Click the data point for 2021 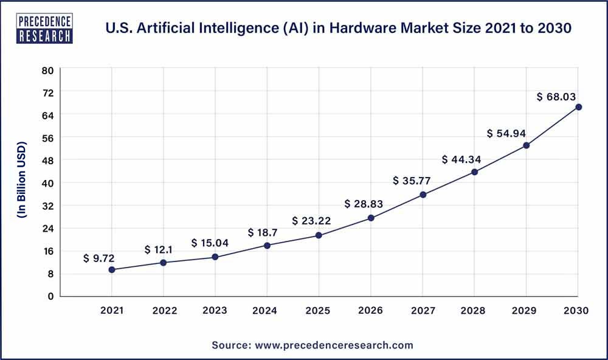(x=112, y=269)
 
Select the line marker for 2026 (x=371, y=218)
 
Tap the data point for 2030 (x=578, y=107)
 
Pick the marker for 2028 (x=474, y=172)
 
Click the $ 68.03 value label (x=556, y=97)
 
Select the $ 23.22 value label (x=311, y=221)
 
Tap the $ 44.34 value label (x=462, y=159)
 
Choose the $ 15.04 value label (x=209, y=243)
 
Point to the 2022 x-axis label (x=164, y=311)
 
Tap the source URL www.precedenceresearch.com (x=333, y=345)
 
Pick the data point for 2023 (x=215, y=257)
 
